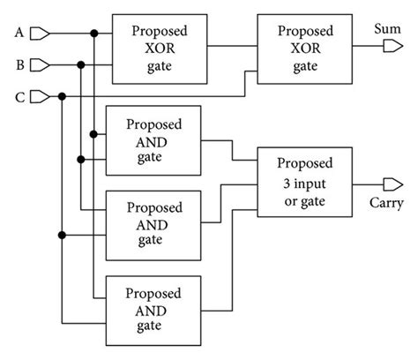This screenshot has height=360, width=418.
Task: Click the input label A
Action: [x=19, y=34]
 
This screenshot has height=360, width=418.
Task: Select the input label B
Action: [x=19, y=64]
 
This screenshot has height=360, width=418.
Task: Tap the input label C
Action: [x=19, y=94]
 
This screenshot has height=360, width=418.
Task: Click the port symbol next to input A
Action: [x=40, y=34]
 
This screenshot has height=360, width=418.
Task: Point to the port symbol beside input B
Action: [x=40, y=64]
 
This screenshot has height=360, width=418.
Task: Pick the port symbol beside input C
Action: [x=40, y=94]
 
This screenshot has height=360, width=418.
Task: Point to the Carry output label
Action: [x=386, y=204]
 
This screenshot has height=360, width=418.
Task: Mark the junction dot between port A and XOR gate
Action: [x=93, y=34]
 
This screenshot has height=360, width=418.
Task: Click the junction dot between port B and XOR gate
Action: [x=81, y=64]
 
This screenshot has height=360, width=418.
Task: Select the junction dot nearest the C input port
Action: [x=63, y=94]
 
